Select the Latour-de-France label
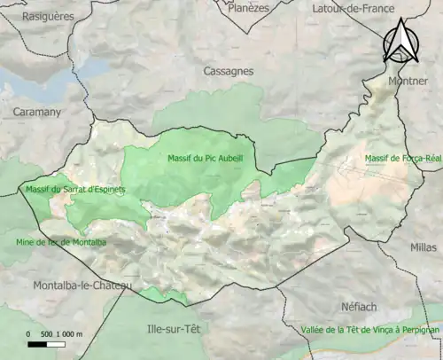click(352, 8)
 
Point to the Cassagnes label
click(228, 71)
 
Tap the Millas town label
click(424, 224)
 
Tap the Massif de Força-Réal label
click(403, 159)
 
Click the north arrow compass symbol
click(400, 41)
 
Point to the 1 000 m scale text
click(69, 333)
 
